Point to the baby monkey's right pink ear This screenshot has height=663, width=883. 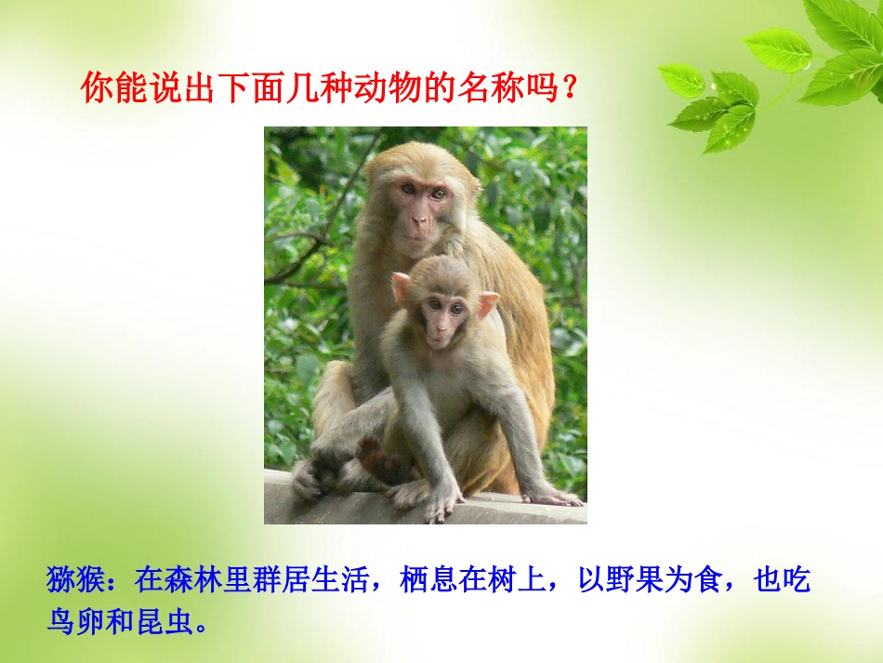pyautogui.click(x=487, y=304)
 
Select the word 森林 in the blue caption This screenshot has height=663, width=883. pyautogui.click(x=187, y=582)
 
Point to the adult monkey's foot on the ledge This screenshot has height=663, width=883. pyautogui.click(x=308, y=480)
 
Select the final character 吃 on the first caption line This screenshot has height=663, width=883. pyautogui.click(x=797, y=582)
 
